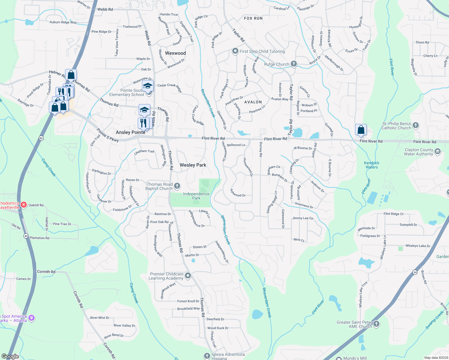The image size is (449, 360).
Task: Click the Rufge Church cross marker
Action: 294,64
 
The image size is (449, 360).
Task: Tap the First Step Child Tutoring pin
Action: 235,51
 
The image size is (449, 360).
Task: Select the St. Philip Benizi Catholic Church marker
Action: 415,125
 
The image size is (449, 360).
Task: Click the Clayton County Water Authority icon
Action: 438,151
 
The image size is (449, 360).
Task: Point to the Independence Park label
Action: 196,196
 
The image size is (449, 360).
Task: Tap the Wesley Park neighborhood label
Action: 193,165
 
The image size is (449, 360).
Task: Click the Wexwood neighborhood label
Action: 175,53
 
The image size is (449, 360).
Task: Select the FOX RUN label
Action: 253,18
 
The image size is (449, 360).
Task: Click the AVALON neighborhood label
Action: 253,102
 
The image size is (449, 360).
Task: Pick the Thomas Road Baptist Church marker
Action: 177,186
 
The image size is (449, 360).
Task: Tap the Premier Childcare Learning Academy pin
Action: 188,275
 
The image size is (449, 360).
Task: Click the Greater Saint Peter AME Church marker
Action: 376,324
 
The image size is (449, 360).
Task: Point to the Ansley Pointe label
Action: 131,132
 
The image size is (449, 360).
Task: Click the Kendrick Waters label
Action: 372,165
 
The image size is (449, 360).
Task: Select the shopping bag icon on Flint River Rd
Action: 361,130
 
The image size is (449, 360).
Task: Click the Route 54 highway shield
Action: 415,272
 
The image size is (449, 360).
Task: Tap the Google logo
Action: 10,356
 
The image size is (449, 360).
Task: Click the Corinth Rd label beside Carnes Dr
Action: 46,272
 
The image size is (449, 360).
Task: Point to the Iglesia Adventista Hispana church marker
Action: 207,356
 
